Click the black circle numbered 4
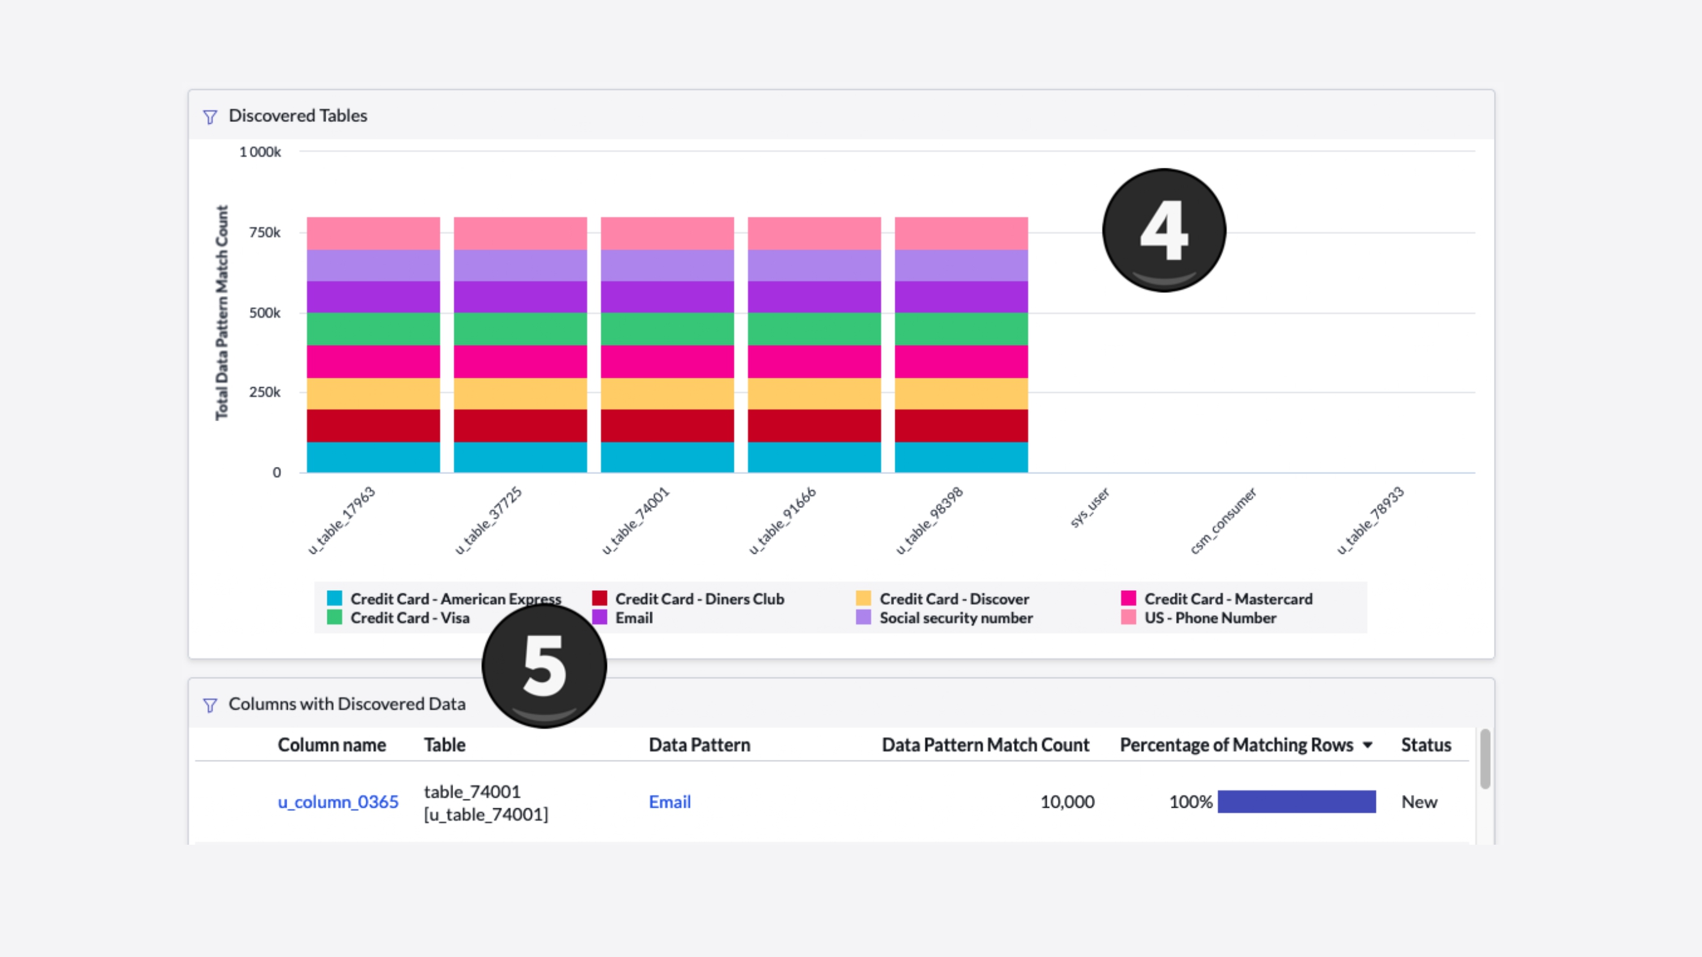pyautogui.click(x=1163, y=229)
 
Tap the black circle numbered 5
pyautogui.click(x=544, y=665)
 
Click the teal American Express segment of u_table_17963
pyautogui.click(x=373, y=457)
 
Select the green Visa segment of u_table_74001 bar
pyautogui.click(x=667, y=329)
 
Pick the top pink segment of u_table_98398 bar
pyautogui.click(x=960, y=233)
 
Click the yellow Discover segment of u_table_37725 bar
pyautogui.click(x=520, y=394)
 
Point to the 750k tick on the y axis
pyautogui.click(x=264, y=232)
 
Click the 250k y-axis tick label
pyautogui.click(x=264, y=392)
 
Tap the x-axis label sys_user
pyautogui.click(x=1090, y=507)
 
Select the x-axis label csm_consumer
pyautogui.click(x=1223, y=521)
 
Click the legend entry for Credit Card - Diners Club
pyautogui.click(x=698, y=599)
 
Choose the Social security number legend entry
pyautogui.click(x=955, y=618)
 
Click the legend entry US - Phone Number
pyautogui.click(x=1209, y=618)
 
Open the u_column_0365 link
pyautogui.click(x=338, y=802)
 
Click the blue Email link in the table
pyautogui.click(x=669, y=802)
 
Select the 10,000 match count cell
pyautogui.click(x=1066, y=802)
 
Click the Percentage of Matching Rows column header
pyautogui.click(x=1236, y=745)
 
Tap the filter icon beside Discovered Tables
pyautogui.click(x=210, y=117)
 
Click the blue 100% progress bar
pyautogui.click(x=1296, y=802)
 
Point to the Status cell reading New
pyautogui.click(x=1419, y=802)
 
